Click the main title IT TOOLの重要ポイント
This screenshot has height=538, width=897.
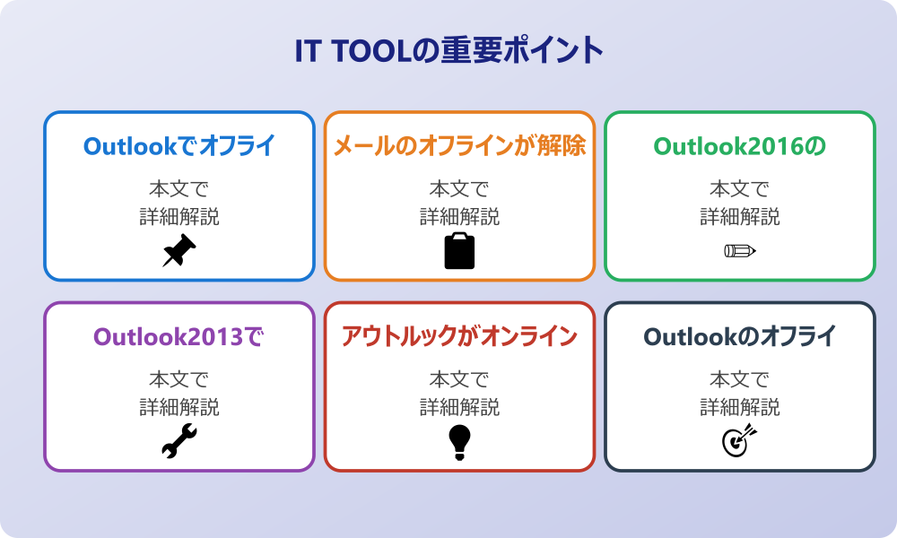(x=448, y=51)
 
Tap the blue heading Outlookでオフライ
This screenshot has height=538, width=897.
(x=179, y=146)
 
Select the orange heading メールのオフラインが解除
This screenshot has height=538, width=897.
(x=459, y=146)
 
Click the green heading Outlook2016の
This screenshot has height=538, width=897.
(x=739, y=146)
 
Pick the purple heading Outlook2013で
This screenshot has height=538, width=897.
(x=179, y=337)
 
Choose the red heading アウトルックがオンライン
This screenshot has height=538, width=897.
(x=459, y=337)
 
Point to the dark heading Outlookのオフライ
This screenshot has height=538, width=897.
(x=739, y=337)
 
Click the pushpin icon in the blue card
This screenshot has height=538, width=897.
(x=179, y=251)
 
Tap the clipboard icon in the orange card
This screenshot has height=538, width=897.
(x=459, y=251)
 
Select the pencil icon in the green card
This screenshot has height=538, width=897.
(x=739, y=251)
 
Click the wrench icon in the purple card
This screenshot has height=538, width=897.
(x=179, y=442)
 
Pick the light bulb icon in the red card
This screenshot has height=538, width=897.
(x=459, y=442)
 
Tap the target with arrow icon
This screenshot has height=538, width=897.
(x=739, y=441)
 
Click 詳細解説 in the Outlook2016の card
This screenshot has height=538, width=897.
(x=739, y=217)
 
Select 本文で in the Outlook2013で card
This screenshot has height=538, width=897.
(x=179, y=380)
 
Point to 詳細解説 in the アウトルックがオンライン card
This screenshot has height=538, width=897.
(x=459, y=408)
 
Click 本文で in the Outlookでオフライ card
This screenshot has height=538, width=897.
(x=179, y=189)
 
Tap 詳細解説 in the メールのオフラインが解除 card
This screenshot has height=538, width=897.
(x=459, y=217)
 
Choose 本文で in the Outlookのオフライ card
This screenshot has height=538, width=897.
(x=739, y=380)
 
